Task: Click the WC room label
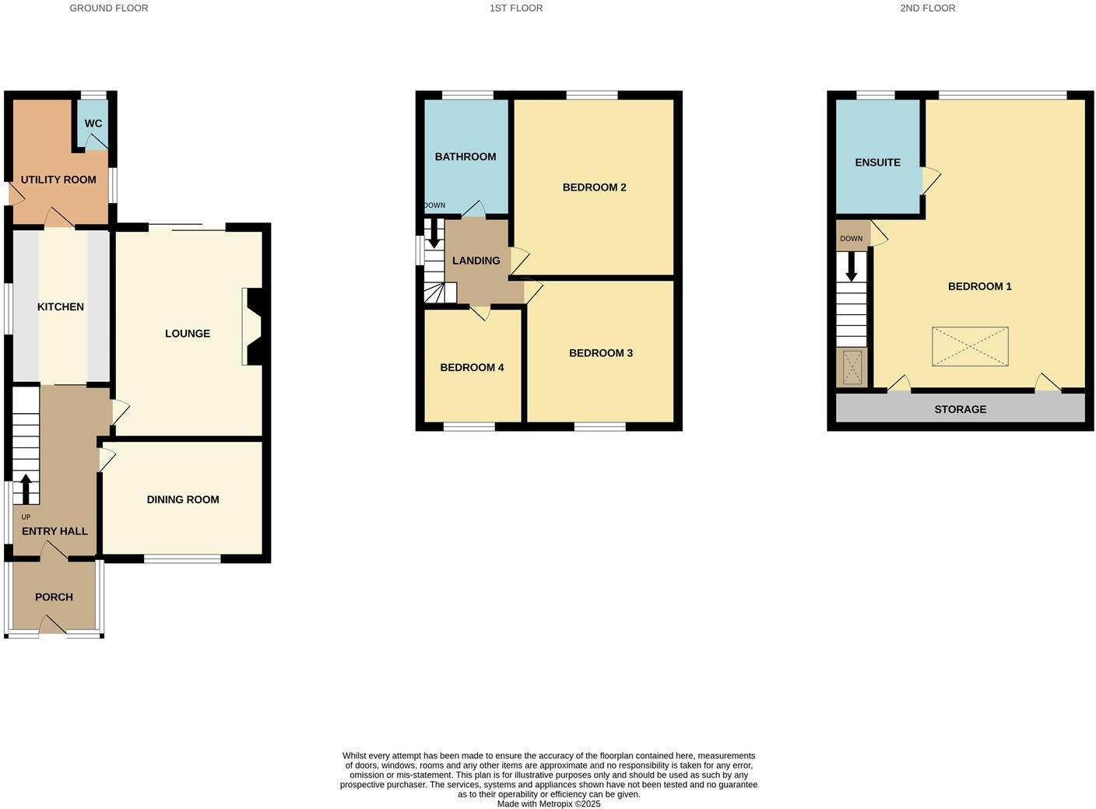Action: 93,124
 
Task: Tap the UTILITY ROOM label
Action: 58,180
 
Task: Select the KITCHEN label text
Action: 61,307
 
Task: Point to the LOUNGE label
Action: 188,334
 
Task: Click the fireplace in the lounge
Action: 254,327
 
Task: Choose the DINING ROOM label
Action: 183,500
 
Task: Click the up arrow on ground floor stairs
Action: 26,489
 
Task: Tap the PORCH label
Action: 54,597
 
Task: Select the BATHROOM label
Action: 465,157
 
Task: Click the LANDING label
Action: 476,261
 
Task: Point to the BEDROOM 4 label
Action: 472,368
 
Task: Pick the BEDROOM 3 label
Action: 601,353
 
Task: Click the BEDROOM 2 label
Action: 595,187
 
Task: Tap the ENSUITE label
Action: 877,163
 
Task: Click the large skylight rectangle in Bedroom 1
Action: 970,346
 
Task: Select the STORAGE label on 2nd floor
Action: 960,410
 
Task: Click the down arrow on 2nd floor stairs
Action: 852,266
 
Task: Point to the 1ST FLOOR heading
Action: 516,9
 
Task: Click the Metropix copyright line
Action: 549,804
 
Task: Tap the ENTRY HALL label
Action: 54,532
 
